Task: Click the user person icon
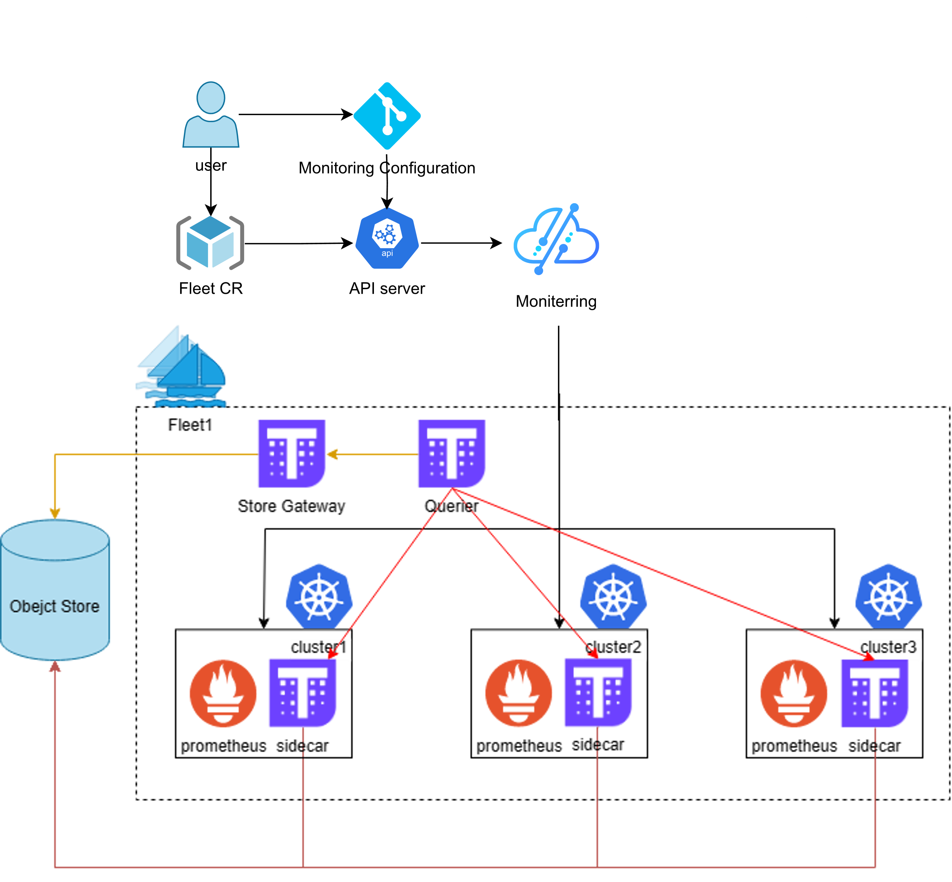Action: click(211, 115)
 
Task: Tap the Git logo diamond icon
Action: click(387, 116)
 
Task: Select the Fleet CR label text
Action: click(211, 288)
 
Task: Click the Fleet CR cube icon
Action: click(210, 242)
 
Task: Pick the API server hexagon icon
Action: click(387, 238)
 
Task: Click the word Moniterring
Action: click(556, 301)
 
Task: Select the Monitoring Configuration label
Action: click(387, 168)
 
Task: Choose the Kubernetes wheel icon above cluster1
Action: click(319, 595)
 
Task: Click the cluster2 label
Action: click(614, 648)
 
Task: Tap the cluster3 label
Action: click(889, 648)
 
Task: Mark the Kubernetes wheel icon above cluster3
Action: click(888, 595)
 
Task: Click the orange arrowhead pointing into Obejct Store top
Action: click(55, 513)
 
